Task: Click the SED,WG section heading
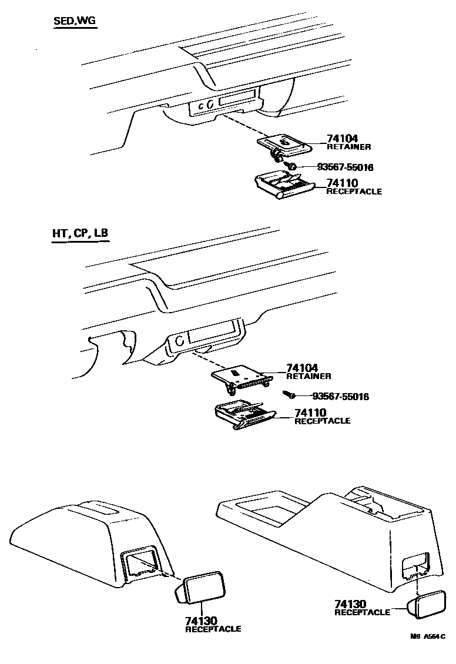point(75,22)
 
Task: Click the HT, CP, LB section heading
point(79,233)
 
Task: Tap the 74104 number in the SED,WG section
point(342,139)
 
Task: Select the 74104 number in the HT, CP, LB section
point(302,368)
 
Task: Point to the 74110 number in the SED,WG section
point(342,184)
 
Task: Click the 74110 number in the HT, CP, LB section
point(310,413)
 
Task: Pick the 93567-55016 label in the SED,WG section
point(345,167)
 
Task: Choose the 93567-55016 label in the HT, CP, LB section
point(340,397)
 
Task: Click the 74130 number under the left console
point(202,621)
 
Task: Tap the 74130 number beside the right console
point(350,604)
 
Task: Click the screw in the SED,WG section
point(292,166)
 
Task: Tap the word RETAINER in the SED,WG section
point(348,147)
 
